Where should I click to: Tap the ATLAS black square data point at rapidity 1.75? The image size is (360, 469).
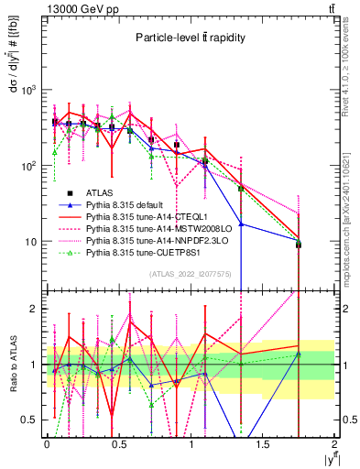[x=299, y=245]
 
